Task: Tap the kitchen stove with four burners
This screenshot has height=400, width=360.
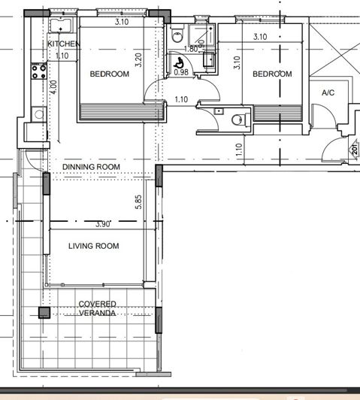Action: [x=38, y=72]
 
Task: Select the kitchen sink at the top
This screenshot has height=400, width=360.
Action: [x=59, y=26]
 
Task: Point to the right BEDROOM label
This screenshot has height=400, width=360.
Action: [x=272, y=74]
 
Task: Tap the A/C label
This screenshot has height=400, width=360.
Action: [x=328, y=92]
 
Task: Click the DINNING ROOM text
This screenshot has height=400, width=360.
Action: [x=91, y=166]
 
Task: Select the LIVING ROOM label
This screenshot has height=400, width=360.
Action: [x=94, y=246]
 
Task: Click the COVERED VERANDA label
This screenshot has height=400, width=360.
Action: [x=98, y=308]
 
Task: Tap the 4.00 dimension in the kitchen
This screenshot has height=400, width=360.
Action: [x=53, y=87]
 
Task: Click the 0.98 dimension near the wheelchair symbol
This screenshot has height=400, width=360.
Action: [x=181, y=73]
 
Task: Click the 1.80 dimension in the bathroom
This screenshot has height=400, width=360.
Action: [x=191, y=49]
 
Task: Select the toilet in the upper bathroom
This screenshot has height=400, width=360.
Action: [x=176, y=35]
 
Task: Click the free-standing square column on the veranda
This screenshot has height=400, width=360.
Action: [x=44, y=312]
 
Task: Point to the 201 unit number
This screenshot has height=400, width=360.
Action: [x=354, y=149]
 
